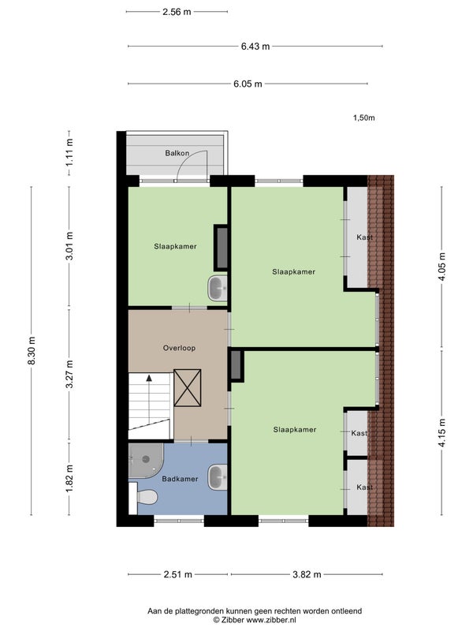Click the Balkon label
[177, 153]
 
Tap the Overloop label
[179, 348]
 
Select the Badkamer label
[180, 479]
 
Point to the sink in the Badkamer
[218, 477]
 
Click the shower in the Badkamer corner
[145, 461]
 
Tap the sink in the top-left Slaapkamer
[218, 288]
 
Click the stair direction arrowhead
[149, 378]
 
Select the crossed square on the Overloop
[188, 388]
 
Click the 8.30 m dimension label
[32, 350]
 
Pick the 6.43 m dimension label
[255, 47]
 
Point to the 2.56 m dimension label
[177, 12]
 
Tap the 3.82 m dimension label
[307, 574]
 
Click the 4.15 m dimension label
[442, 432]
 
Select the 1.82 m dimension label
[69, 478]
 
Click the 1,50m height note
[364, 118]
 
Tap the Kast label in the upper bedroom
[364, 237]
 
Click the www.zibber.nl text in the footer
[271, 620]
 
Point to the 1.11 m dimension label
[69, 152]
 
